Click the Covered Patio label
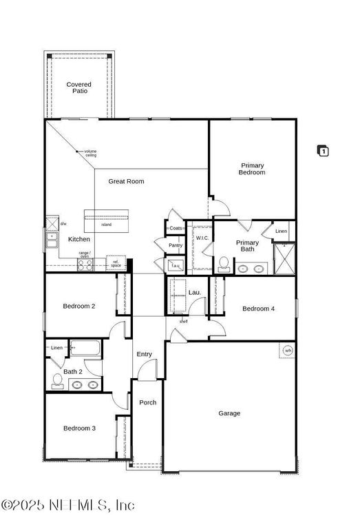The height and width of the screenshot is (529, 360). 78,87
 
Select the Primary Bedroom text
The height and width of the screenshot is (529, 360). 252,169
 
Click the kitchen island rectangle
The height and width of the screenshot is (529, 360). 107,219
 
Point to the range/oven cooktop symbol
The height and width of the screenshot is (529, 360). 85,264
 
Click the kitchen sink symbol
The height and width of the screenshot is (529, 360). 52,238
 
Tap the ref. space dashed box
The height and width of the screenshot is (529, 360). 116,263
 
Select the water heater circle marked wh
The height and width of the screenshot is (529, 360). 287,351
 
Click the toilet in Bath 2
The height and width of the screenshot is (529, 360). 57,381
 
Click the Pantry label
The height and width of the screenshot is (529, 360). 176,245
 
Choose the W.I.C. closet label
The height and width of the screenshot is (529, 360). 202,238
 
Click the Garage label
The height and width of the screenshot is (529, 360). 229,413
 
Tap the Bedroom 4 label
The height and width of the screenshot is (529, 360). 258,309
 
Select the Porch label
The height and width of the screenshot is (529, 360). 147,402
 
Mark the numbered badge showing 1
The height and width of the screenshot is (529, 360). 323,151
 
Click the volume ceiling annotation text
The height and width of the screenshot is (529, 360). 90,154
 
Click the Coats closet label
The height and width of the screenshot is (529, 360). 176,228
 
